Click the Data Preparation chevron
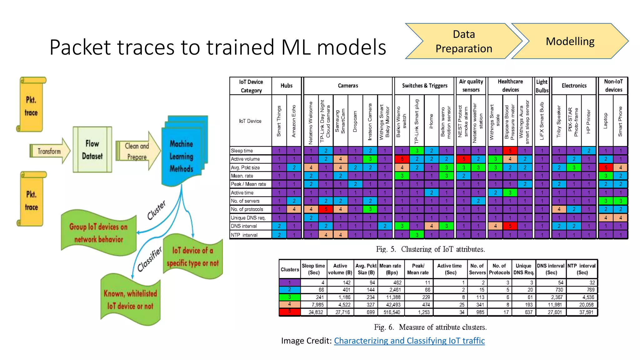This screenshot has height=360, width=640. pos(463,41)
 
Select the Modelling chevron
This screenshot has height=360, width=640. pos(570,41)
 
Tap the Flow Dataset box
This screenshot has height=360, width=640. pos(92,150)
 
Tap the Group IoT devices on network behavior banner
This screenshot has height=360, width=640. pos(98,233)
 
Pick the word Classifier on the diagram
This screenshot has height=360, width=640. pos(150,259)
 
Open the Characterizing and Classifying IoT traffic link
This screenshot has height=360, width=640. pos(409,341)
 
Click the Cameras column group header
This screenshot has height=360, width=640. pos(348,86)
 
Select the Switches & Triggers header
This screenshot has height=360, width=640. pos(424,86)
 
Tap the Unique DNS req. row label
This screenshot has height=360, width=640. pos(248,218)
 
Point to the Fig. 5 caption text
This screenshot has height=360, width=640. pos(430,249)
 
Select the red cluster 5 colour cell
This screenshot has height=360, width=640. pos(290,312)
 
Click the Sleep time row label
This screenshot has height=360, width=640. pos(242,151)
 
